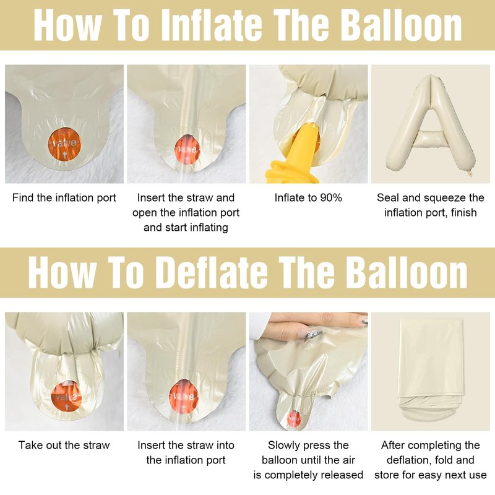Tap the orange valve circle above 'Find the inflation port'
click(x=65, y=144)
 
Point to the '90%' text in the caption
click(x=331, y=198)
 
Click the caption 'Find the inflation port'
click(x=64, y=198)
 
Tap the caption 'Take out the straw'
click(x=64, y=445)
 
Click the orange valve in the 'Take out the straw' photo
click(x=66, y=397)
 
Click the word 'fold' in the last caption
click(x=442, y=460)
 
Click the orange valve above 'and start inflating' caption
click(x=187, y=148)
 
